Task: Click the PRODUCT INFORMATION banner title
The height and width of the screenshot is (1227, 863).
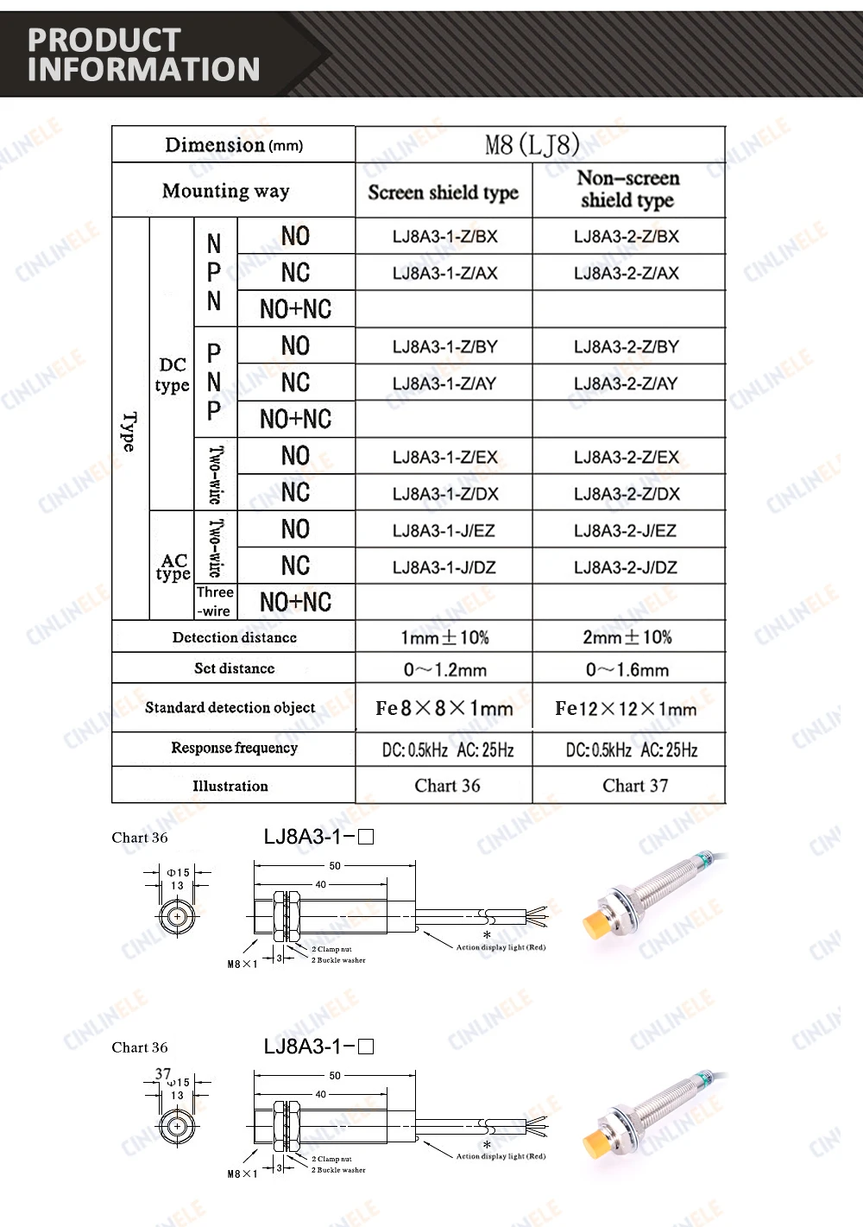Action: (x=143, y=54)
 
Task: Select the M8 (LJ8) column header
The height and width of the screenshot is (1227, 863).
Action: (x=532, y=144)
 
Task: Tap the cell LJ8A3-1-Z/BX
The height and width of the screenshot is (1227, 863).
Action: (x=444, y=237)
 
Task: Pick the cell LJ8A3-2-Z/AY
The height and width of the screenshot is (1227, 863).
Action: (x=627, y=383)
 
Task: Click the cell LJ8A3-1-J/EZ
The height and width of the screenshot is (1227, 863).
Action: (x=444, y=530)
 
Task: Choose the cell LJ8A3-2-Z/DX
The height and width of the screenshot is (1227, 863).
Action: (x=627, y=494)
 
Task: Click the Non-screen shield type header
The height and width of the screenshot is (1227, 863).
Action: (x=627, y=189)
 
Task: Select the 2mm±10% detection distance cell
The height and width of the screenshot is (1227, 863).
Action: (x=627, y=637)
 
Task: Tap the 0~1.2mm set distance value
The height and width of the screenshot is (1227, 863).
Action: (x=444, y=669)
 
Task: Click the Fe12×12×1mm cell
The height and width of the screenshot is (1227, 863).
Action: (x=626, y=709)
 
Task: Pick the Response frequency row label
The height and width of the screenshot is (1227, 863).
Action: (x=234, y=748)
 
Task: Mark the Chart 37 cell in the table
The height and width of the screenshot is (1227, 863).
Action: (x=635, y=786)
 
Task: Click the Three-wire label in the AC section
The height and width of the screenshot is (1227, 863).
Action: (x=215, y=602)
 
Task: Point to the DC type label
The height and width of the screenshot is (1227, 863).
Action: (x=173, y=375)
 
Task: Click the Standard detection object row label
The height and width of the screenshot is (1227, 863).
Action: (x=230, y=708)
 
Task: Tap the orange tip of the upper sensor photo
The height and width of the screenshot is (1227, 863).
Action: (x=595, y=924)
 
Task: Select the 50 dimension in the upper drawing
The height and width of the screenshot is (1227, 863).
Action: (x=335, y=865)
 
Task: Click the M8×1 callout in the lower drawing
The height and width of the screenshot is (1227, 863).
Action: (x=243, y=1173)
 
